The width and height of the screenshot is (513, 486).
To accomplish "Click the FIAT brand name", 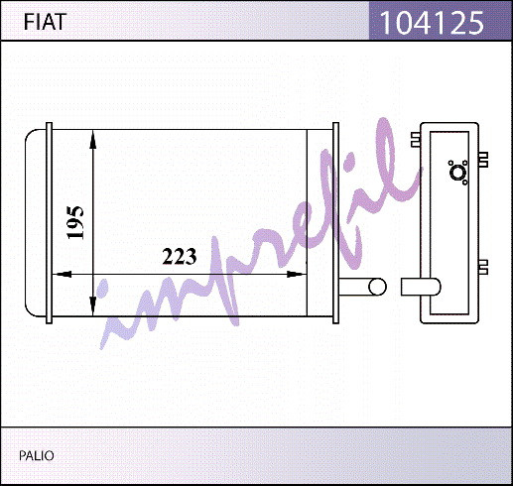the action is [45, 22].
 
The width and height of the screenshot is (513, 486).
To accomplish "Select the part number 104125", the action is [432, 23].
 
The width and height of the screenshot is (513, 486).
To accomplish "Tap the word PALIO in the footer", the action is [37, 455].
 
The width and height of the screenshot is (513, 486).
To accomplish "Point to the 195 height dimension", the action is [75, 222].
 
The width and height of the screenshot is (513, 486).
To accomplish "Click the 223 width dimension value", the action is [180, 257].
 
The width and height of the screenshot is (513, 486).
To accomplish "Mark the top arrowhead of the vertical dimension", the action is [93, 139].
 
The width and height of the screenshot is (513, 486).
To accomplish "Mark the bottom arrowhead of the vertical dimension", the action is [93, 306].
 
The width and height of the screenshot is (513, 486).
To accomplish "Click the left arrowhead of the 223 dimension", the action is [63, 274].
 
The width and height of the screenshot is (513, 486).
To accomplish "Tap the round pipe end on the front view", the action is [377, 287].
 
